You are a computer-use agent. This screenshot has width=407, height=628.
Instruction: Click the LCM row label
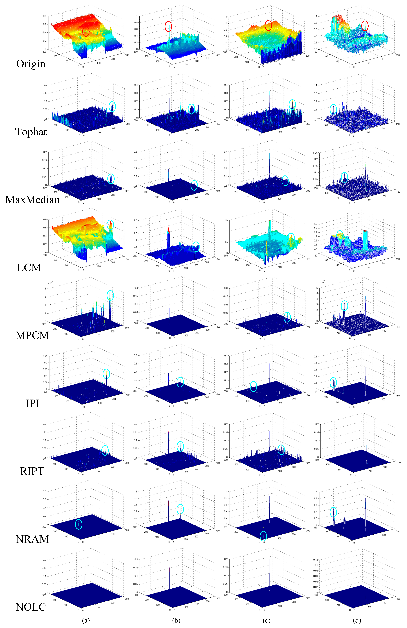point(29,268)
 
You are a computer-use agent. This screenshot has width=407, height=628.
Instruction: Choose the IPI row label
point(33,403)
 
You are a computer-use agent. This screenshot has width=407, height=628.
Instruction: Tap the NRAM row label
point(32,539)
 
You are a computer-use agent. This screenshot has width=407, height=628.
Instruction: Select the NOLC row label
point(31,607)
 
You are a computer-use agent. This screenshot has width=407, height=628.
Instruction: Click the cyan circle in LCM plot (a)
point(110,225)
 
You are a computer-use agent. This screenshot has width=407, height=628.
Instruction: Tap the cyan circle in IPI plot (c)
point(253,386)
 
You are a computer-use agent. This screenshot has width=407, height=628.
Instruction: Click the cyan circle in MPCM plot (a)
point(110,295)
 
